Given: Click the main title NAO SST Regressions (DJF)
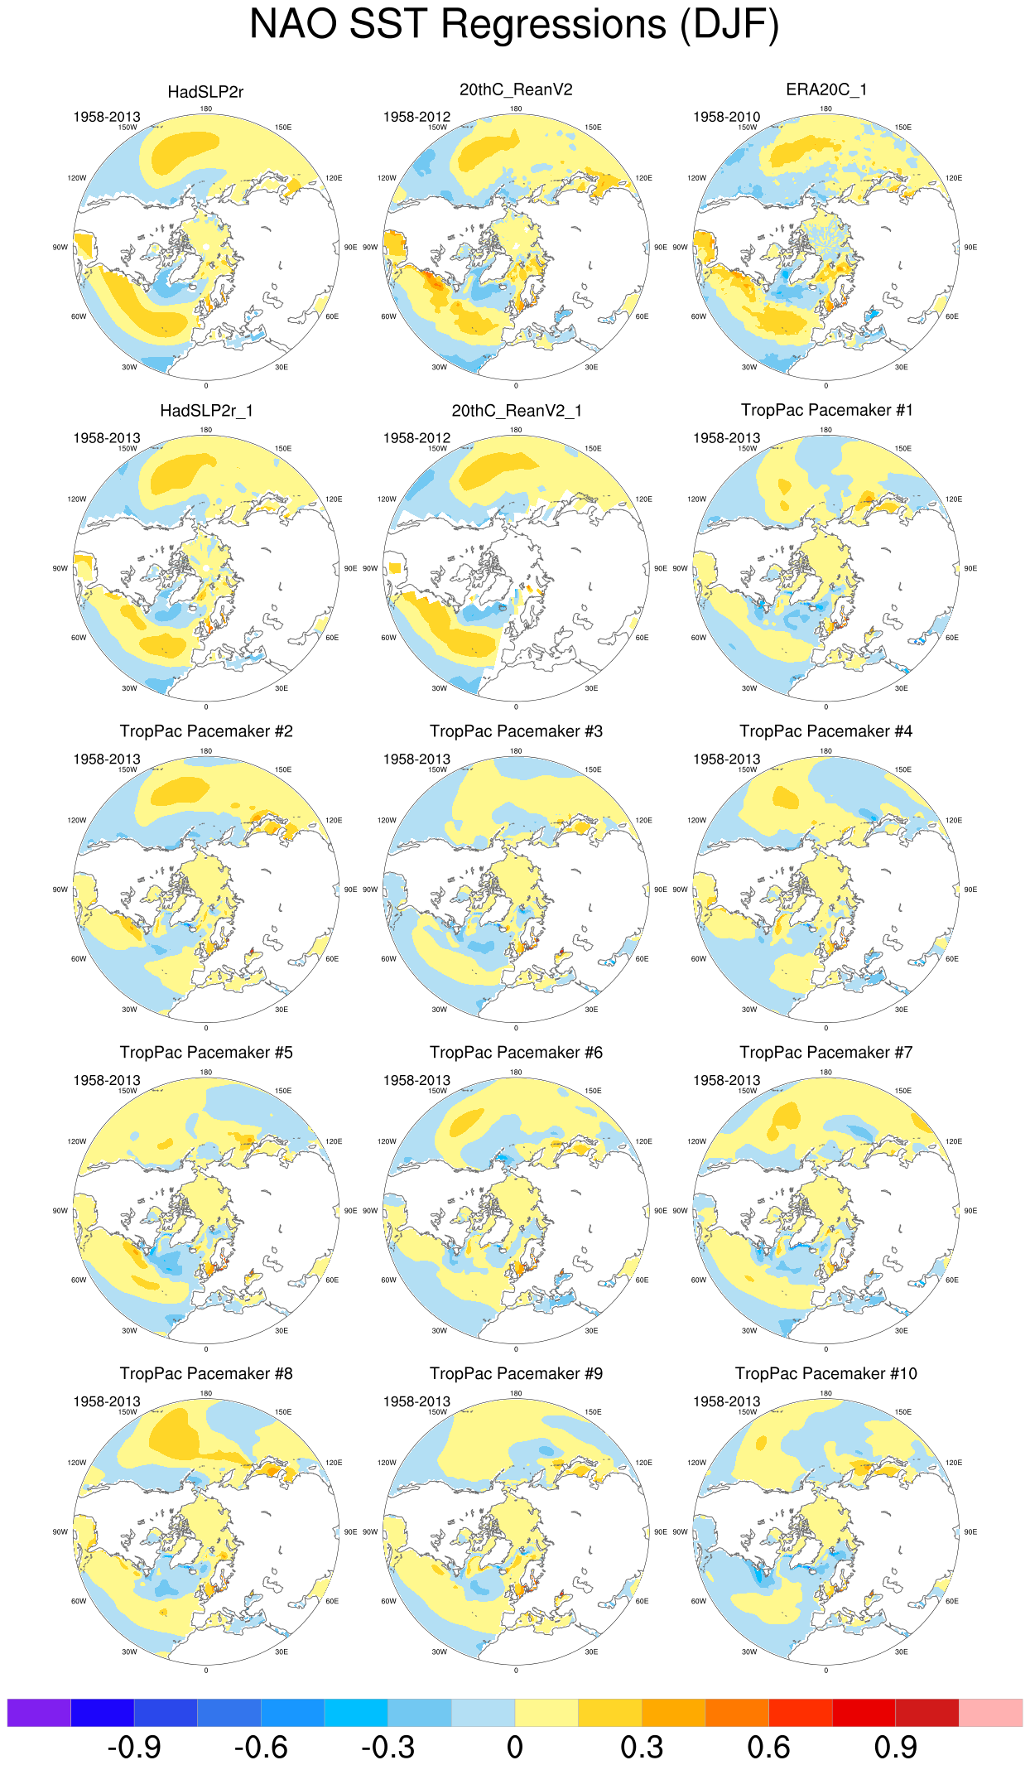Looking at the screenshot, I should (x=514, y=24).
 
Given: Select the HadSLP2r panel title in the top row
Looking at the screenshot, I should (x=205, y=92).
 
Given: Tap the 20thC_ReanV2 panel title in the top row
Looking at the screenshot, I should (x=516, y=89).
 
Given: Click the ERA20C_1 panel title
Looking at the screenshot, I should (x=825, y=89).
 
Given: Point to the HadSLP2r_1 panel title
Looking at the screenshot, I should (x=206, y=411).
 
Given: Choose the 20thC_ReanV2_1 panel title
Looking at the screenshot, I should (x=516, y=411).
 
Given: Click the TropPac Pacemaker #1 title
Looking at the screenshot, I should (x=826, y=410).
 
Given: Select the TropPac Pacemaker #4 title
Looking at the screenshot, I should (x=826, y=731).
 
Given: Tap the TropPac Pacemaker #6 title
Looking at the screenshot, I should (x=516, y=1053).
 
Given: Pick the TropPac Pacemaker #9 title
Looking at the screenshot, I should (x=516, y=1374).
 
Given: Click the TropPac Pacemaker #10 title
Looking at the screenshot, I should (x=826, y=1374).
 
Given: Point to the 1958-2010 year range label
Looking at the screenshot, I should (x=726, y=117).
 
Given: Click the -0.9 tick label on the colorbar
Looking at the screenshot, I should (x=134, y=1748).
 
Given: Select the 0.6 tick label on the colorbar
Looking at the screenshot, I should (x=768, y=1748).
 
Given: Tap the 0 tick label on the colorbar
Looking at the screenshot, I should (x=515, y=1748).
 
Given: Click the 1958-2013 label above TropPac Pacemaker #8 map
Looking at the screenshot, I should (x=107, y=1401).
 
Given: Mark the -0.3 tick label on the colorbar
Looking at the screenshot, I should (x=387, y=1748).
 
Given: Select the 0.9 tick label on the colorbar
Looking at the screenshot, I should (x=895, y=1748).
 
